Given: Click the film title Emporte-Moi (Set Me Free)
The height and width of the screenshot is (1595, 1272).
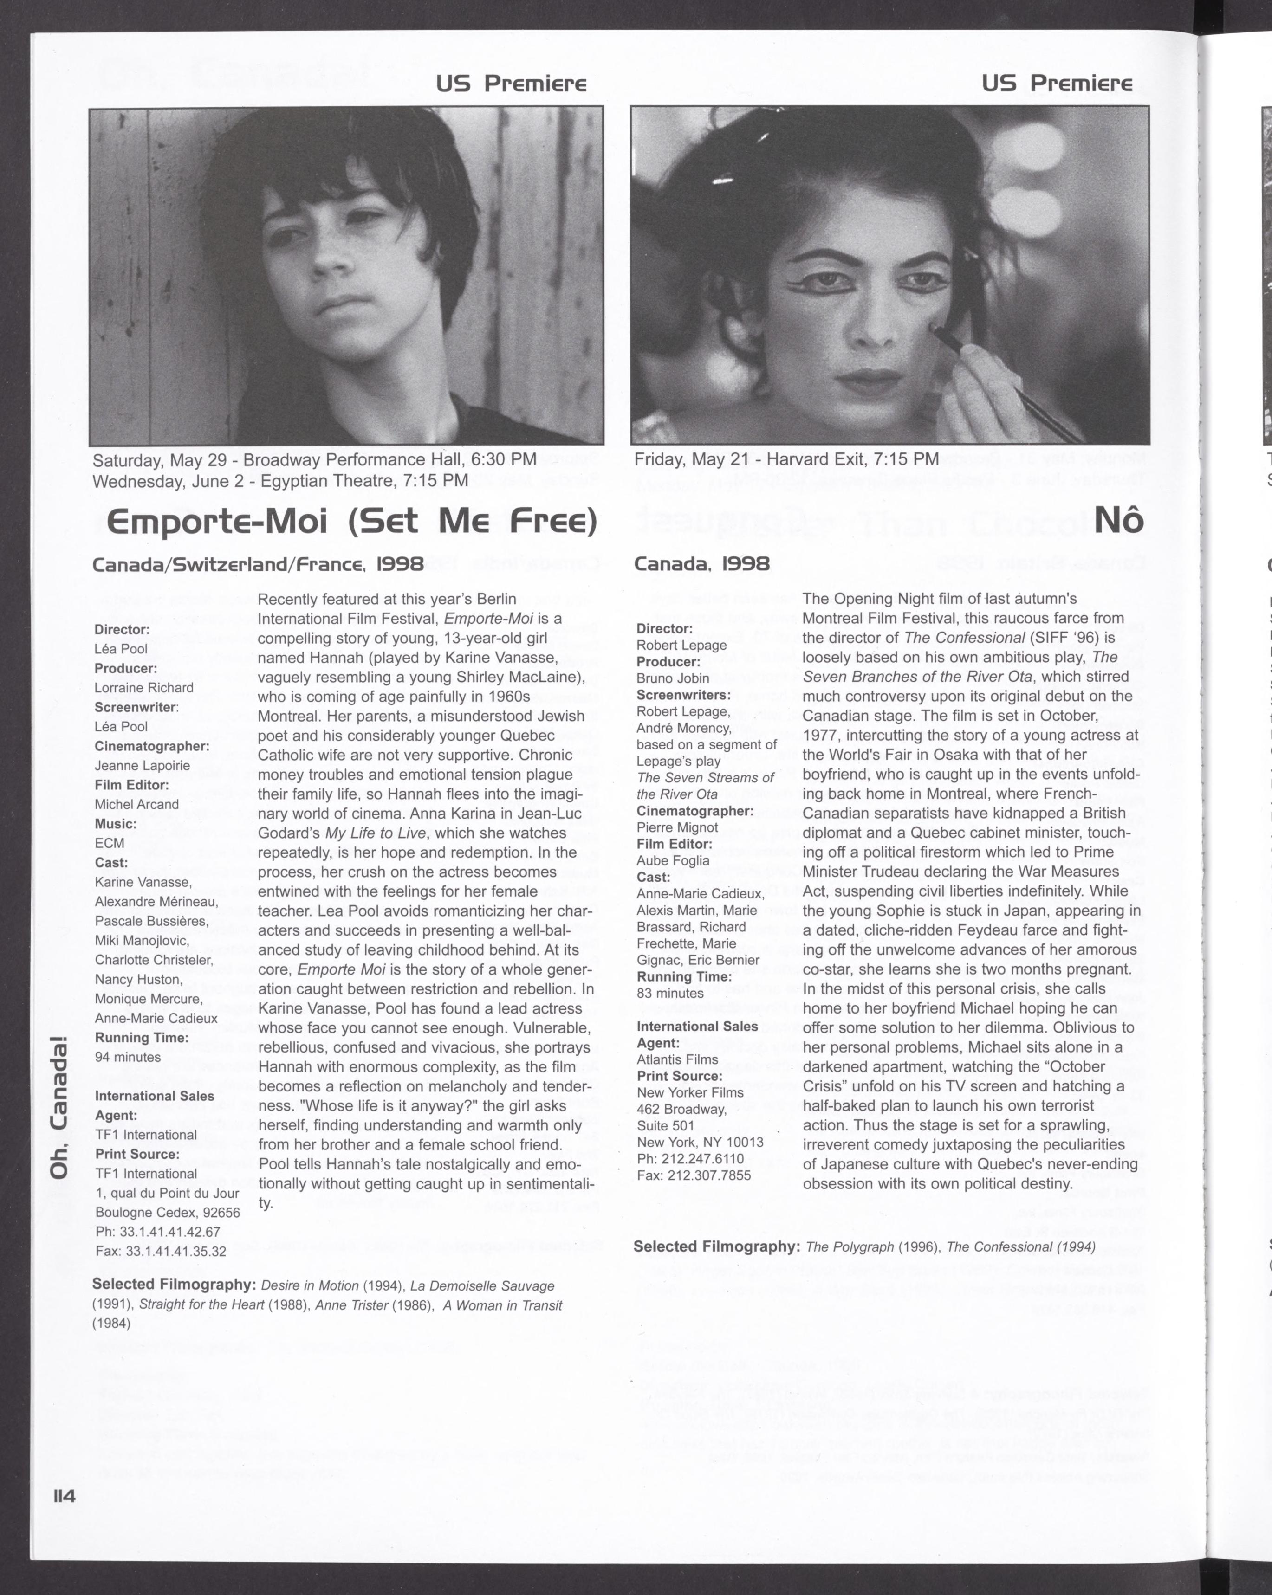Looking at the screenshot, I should coord(351,522).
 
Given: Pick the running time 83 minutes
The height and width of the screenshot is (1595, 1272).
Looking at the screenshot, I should coord(670,993).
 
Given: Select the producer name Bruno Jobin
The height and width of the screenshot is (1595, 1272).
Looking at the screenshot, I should coord(673,678).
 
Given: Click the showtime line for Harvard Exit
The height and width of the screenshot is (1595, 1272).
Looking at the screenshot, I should coord(786,459).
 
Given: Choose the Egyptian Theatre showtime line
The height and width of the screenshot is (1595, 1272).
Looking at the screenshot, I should coord(280,481).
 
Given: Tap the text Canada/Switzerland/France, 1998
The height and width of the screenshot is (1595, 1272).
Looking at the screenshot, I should coord(258,564).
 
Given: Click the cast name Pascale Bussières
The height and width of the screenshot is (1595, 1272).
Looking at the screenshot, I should coord(152,921).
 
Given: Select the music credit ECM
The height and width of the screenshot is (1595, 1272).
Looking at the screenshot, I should coord(110,843).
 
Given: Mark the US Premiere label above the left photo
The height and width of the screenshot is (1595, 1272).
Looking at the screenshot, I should coord(511,84).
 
